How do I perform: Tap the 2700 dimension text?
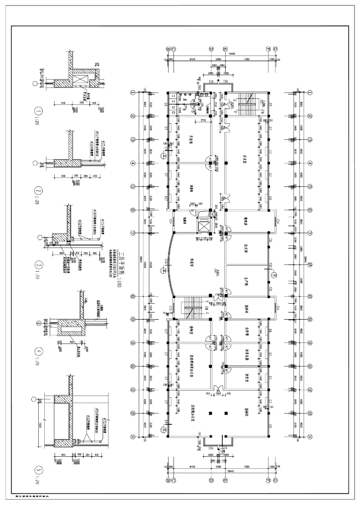point(203,121)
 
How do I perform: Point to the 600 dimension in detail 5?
point(64,455)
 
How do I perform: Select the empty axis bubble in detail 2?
point(34,163)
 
